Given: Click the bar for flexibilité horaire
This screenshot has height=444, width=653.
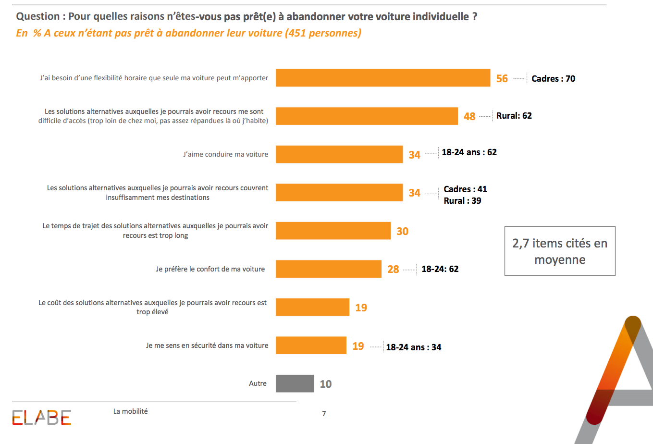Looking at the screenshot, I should click(x=382, y=78).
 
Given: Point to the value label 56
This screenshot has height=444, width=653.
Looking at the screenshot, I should click(x=502, y=78).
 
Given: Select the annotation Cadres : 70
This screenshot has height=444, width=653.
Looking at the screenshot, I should click(x=553, y=79).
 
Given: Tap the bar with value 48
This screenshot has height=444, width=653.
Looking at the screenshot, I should click(x=366, y=116).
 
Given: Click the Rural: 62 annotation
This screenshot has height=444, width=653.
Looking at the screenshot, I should click(x=514, y=116).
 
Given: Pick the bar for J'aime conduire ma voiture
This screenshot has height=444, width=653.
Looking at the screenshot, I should click(x=339, y=154).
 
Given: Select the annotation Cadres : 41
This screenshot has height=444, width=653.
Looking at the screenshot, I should click(x=465, y=189).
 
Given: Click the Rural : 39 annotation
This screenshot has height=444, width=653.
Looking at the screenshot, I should click(x=462, y=201).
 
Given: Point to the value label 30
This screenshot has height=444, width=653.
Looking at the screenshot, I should click(x=402, y=231).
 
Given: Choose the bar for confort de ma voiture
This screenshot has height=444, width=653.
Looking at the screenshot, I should click(x=328, y=269).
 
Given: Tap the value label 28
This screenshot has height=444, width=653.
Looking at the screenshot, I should click(x=393, y=270).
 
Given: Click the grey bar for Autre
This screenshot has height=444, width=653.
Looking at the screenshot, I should click(x=295, y=383).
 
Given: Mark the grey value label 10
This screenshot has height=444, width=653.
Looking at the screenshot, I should click(x=326, y=384).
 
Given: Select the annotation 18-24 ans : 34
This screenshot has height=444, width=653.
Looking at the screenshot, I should click(x=413, y=347).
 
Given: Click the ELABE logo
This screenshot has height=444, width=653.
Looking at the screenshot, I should click(x=42, y=418).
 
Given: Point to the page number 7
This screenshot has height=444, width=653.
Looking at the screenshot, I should click(x=324, y=414).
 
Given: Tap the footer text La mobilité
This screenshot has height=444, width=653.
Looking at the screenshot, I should click(x=130, y=411).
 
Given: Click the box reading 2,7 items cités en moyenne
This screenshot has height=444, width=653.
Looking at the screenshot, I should click(x=560, y=251).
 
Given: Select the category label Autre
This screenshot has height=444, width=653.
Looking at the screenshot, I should click(x=258, y=383).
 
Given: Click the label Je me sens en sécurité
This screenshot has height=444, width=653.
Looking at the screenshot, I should click(x=207, y=345).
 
